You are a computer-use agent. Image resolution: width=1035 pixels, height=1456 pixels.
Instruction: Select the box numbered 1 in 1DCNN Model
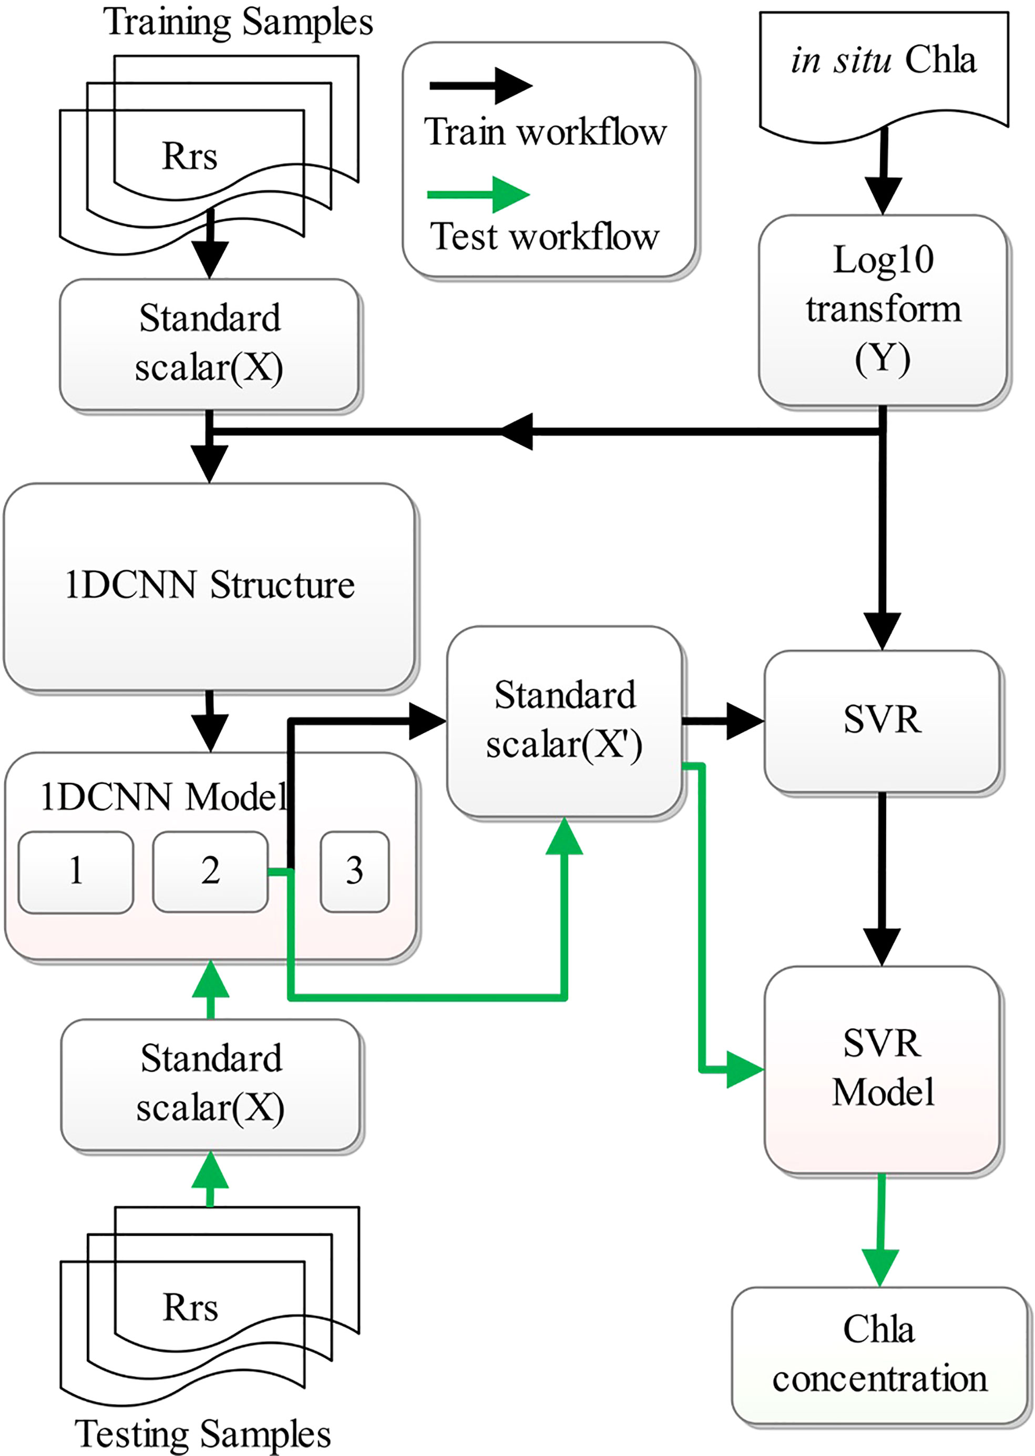[76, 871]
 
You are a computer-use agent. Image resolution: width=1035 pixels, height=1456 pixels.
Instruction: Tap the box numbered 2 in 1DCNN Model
[210, 871]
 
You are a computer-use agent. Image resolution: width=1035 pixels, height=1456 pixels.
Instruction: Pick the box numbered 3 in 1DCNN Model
[354, 871]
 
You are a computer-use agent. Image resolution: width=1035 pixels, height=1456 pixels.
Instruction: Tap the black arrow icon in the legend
[481, 85]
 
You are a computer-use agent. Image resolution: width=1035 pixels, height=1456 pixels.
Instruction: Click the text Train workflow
[546, 132]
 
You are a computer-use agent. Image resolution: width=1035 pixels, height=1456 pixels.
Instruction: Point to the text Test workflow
[545, 237]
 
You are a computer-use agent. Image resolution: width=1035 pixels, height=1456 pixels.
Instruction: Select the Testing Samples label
[203, 1434]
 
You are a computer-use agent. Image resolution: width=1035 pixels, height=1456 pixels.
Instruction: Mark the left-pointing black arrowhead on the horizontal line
[516, 432]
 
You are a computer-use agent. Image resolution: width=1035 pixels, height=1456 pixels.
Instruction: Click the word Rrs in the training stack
[189, 156]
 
